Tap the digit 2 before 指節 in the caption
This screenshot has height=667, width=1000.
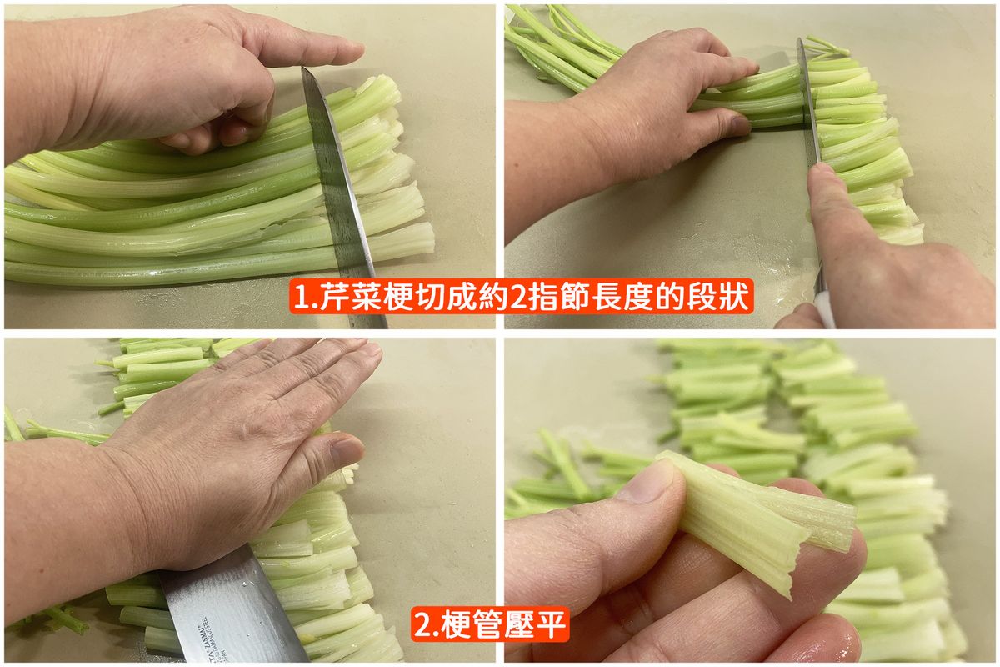(518, 297)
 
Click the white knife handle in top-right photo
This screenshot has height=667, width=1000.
(824, 309)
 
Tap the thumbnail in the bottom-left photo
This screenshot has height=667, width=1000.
(347, 450)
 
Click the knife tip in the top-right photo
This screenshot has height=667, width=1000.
(799, 41)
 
